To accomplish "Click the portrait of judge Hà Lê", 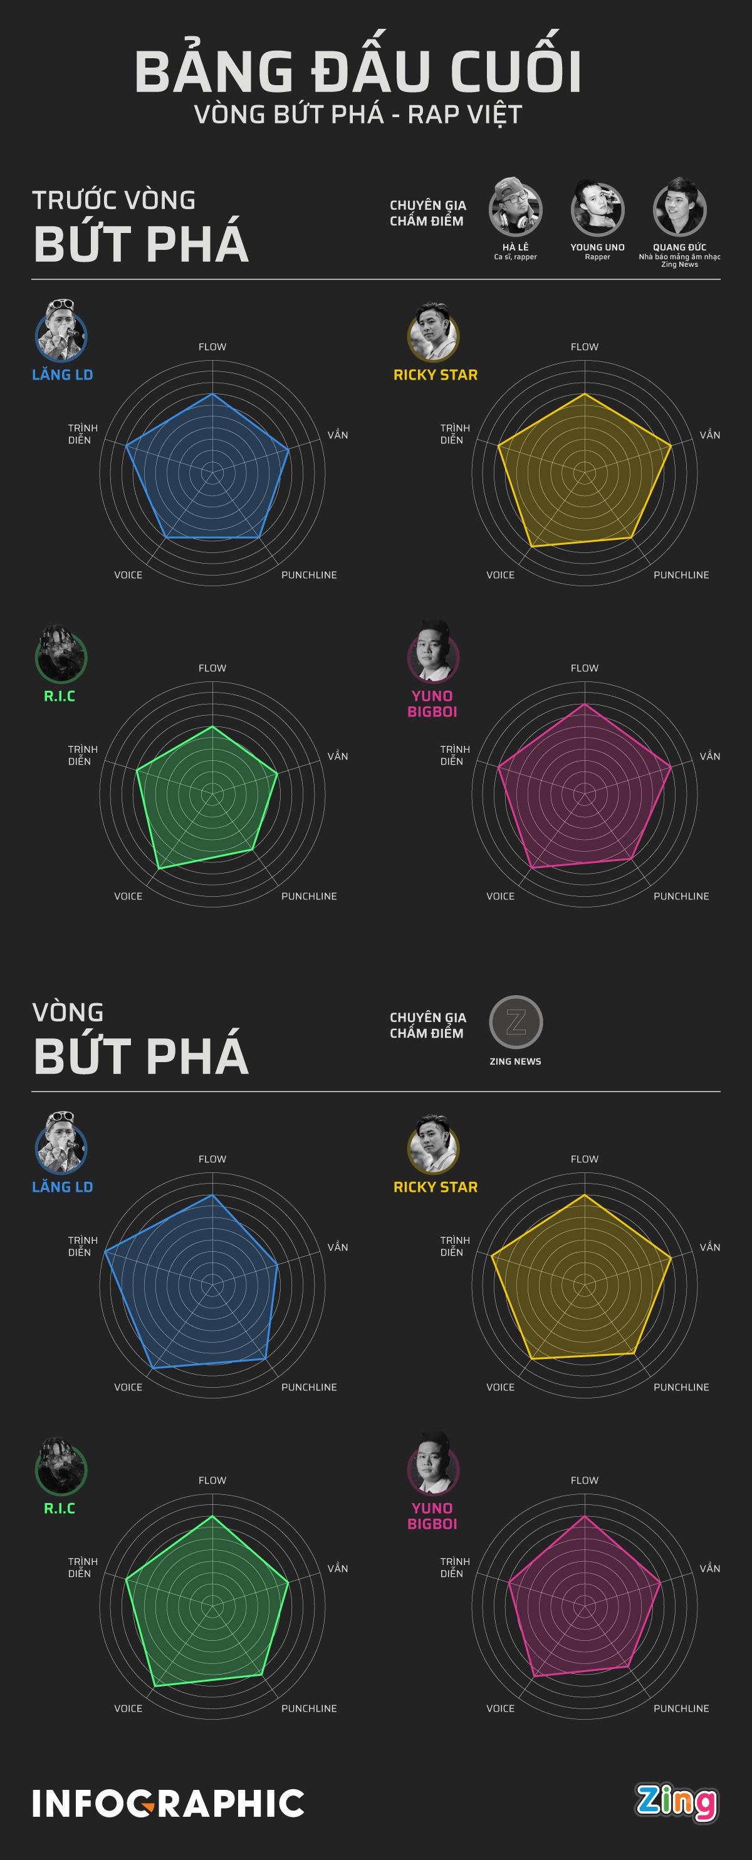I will click(515, 209).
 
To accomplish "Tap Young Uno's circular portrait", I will click(597, 209).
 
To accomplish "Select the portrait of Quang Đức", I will click(679, 209).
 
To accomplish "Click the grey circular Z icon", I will click(516, 1021).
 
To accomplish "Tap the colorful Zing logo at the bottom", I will click(677, 1802).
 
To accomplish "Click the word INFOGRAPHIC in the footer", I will click(169, 1804).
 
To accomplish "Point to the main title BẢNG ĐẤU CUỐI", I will click(358, 72).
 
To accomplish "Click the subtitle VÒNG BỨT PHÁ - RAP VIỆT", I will click(358, 114).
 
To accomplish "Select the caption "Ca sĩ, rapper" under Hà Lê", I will click(515, 257).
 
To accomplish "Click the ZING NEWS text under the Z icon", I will click(515, 1062).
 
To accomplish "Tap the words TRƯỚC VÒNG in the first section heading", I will click(114, 200).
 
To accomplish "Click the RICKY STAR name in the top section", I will click(436, 375).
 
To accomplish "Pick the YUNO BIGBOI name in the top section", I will click(432, 704).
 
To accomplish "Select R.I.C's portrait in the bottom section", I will click(61, 1468).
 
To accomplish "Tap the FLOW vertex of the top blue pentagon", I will click(212, 395).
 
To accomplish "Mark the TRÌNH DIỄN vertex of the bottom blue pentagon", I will click(105, 1251).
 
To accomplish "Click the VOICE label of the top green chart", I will click(128, 896).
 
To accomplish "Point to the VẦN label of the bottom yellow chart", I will click(709, 1247).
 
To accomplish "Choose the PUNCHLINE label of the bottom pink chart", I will click(681, 1708).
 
